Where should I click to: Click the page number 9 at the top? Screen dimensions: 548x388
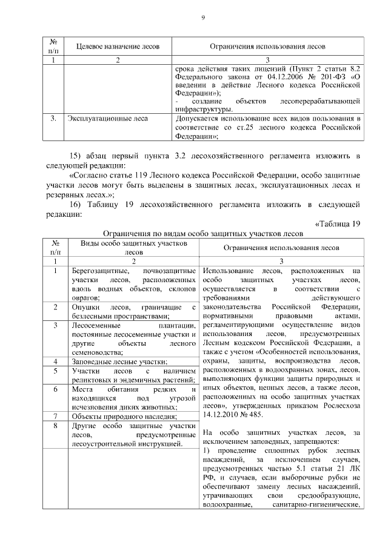[202, 18]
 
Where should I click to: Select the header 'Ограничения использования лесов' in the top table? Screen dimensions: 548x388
[267, 46]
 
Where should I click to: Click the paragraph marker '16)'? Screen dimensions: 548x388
[77, 204]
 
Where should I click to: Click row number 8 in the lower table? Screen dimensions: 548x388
[55, 427]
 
